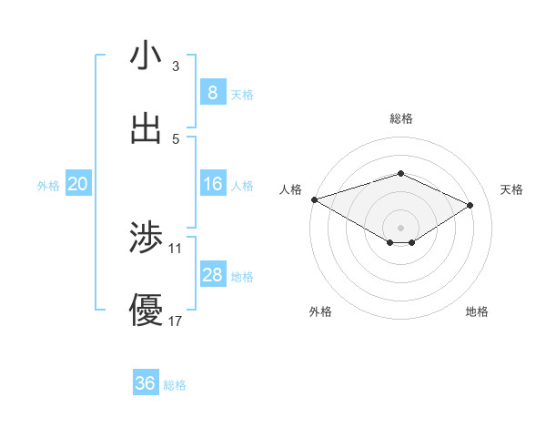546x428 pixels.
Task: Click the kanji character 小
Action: click(x=146, y=56)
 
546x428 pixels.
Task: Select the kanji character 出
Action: click(x=146, y=128)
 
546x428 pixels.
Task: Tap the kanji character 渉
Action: click(x=146, y=238)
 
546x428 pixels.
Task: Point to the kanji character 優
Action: click(x=146, y=311)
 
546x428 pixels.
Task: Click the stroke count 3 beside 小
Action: click(x=175, y=66)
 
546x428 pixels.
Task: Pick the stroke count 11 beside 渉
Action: click(x=176, y=248)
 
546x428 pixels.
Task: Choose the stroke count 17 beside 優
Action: click(x=176, y=321)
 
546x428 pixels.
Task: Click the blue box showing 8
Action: click(x=212, y=93)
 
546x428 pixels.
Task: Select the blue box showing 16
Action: click(x=212, y=184)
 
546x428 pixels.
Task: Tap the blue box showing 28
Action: click(x=212, y=275)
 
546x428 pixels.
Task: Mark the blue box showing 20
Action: click(x=77, y=184)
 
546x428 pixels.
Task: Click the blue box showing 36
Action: click(x=146, y=383)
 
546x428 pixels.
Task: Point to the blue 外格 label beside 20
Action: click(x=48, y=185)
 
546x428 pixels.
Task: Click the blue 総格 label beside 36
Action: click(x=175, y=385)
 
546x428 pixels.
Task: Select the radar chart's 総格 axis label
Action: click(x=401, y=118)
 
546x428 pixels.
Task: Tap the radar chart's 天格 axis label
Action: click(x=512, y=189)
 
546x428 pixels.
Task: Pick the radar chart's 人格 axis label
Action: click(x=290, y=189)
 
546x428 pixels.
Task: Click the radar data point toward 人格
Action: click(x=314, y=199)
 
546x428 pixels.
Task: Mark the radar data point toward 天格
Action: click(x=470, y=205)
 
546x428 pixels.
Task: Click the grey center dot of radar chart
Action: click(x=401, y=227)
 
